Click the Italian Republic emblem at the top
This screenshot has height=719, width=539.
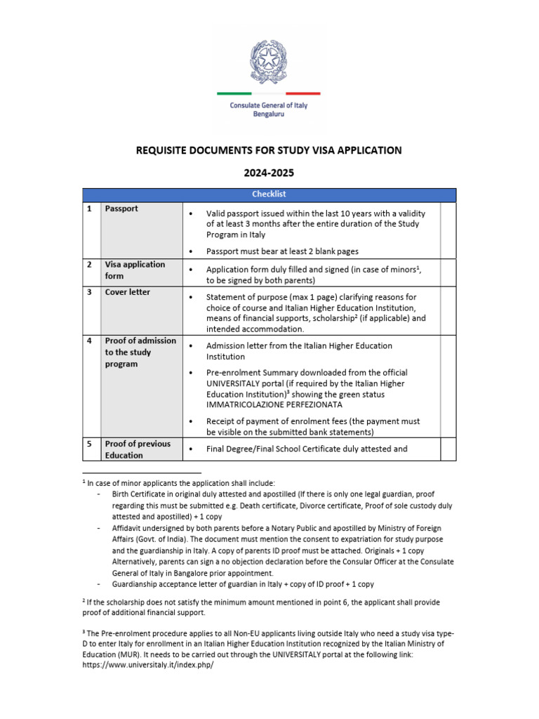269,61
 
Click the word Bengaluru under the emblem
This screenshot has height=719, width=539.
269,114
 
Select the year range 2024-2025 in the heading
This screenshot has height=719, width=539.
269,172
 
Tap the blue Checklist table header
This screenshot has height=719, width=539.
269,194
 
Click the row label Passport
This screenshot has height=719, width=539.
121,209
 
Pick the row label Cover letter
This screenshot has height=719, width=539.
127,292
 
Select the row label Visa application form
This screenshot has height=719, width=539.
135,270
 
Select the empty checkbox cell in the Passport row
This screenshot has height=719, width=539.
448,230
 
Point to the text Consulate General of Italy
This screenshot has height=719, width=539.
269,105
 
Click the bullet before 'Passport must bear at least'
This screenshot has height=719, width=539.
191,251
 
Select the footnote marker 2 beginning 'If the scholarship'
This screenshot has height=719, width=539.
84,600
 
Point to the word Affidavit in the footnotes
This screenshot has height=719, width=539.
128,527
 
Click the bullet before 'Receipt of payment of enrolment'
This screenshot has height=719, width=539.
191,421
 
